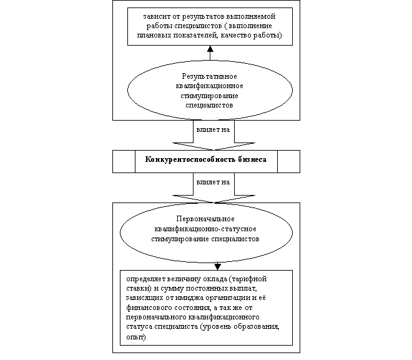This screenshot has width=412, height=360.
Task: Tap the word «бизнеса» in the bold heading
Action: pyautogui.click(x=252, y=159)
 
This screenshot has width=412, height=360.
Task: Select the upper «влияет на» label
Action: pyautogui.click(x=213, y=129)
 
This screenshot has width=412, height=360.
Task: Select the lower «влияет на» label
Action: pyautogui.click(x=213, y=182)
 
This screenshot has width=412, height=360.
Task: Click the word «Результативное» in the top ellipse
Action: pyautogui.click(x=209, y=76)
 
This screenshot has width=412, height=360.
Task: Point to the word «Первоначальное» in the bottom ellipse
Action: pyautogui.click(x=205, y=219)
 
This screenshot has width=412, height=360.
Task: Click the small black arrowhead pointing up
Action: pyautogui.click(x=210, y=49)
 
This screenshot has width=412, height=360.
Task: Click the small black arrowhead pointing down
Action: pyautogui.click(x=218, y=267)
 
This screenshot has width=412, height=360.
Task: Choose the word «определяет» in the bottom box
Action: pyautogui.click(x=145, y=279)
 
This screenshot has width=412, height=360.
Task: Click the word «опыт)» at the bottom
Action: pyautogui.click(x=136, y=337)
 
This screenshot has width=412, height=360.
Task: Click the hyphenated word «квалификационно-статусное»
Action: pyautogui.click(x=205, y=229)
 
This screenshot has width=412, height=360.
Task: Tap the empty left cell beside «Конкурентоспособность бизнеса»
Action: pyautogui.click(x=124, y=162)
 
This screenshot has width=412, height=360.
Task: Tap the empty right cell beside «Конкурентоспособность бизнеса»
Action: pyautogui.click(x=289, y=162)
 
